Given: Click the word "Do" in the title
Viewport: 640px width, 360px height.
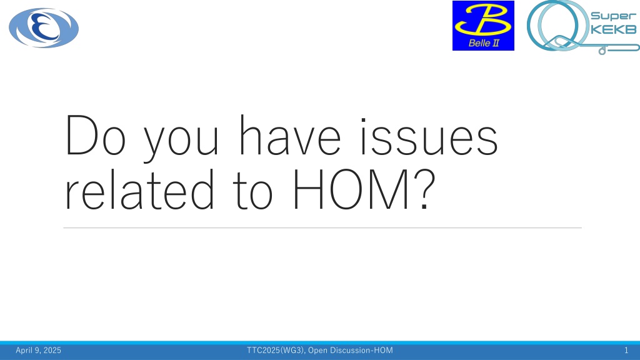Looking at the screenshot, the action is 96,136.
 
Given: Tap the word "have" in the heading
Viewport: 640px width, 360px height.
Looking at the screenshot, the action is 290,136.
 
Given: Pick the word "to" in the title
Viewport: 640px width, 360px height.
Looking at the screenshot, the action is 252,192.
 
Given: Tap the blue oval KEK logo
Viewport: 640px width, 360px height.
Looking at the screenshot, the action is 44,27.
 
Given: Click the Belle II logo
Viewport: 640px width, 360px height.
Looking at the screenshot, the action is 483,26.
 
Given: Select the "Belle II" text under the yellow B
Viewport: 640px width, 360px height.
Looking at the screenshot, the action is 484,43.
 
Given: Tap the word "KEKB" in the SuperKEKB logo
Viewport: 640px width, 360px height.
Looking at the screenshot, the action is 614,29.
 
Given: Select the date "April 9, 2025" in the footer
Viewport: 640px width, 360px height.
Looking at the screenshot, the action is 38,350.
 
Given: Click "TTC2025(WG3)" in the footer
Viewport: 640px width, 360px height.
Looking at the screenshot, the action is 276,350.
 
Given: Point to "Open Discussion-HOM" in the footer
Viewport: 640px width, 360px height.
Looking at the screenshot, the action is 351,350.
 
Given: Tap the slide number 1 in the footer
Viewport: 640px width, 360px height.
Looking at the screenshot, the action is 626,350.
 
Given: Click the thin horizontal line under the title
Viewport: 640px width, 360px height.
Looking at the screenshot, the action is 322,227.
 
